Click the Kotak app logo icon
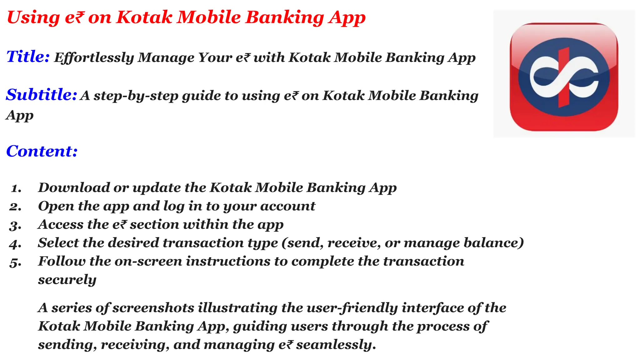[x=564, y=77]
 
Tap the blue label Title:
[x=28, y=57]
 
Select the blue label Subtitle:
[x=41, y=95]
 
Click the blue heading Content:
[x=42, y=151]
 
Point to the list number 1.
[x=16, y=188]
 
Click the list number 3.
[x=15, y=225]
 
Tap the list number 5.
[x=15, y=262]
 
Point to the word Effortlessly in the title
[x=94, y=58]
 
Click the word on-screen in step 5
[x=148, y=262]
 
